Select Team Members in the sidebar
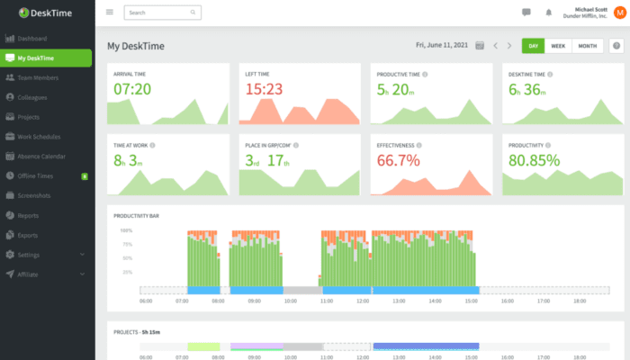[37, 77]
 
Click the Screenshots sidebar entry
[36, 195]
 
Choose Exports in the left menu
[31, 235]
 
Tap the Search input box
[162, 13]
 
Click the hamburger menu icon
[110, 13]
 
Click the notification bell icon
[549, 13]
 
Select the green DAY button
[534, 46]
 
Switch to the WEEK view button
[558, 46]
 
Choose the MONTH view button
[587, 46]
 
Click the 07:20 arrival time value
[131, 89]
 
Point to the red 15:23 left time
[264, 89]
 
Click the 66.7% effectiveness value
[398, 160]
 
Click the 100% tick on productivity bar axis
[126, 230]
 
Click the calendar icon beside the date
[479, 46]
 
